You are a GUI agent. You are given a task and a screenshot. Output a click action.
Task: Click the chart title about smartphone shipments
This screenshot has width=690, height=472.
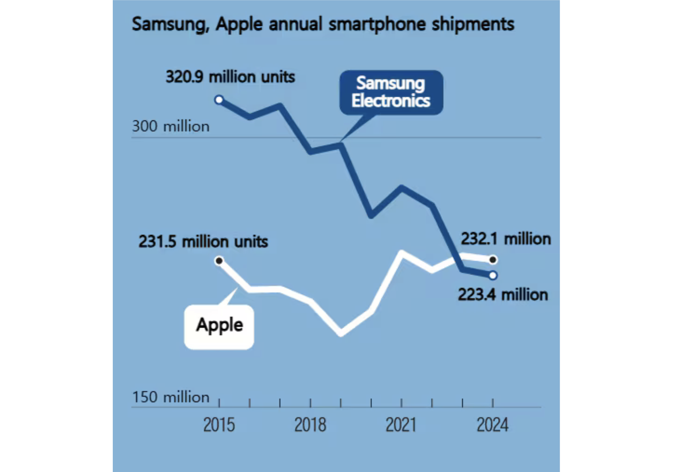pos(323,24)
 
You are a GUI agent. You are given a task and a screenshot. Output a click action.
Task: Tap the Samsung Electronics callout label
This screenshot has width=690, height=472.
pos(391,92)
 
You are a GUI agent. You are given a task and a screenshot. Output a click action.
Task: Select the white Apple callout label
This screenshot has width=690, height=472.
pos(219,327)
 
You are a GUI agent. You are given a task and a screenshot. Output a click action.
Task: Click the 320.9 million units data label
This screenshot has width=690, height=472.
pos(230,77)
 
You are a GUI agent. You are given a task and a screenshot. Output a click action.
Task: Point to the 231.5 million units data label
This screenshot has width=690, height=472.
pos(203,242)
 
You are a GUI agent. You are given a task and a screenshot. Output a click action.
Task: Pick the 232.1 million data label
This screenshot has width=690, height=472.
pos(506,239)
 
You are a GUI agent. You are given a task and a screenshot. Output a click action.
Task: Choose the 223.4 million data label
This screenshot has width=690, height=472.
pos(503,295)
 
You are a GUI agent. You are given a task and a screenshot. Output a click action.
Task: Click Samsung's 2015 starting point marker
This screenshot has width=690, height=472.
pos(219,100)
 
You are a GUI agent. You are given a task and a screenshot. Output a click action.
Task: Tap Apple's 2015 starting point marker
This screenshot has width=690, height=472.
pos(219,260)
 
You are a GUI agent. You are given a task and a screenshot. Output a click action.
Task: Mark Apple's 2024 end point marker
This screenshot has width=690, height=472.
pos(493,260)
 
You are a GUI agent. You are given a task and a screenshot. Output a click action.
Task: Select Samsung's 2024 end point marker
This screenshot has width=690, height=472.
pos(493,275)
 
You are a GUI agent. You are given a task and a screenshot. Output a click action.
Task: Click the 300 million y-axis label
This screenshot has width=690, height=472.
pos(171,126)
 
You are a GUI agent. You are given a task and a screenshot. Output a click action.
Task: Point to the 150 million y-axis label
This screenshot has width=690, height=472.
pos(171,397)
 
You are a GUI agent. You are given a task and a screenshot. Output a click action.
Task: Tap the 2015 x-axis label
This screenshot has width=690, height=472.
pos(219,425)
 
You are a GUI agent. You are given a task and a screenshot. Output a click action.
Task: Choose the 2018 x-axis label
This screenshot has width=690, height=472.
pos(310,425)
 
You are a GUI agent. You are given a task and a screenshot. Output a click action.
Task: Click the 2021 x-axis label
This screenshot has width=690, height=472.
pos(401,425)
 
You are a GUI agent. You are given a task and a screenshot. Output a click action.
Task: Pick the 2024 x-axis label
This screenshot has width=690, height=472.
pos(493,425)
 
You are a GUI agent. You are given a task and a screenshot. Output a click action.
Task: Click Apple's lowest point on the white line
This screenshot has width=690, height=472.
pos(341,333)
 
